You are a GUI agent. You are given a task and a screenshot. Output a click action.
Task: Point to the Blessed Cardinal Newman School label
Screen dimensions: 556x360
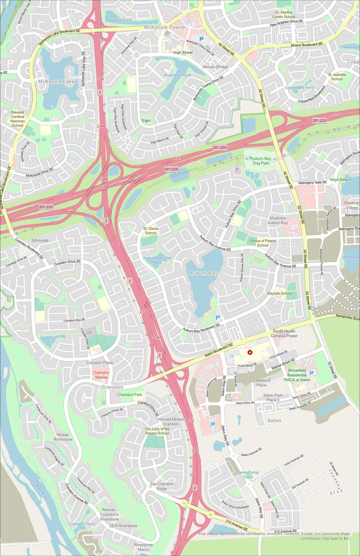[x=17, y=118]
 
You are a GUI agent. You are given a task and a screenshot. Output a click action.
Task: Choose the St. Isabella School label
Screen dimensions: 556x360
[x=337, y=77]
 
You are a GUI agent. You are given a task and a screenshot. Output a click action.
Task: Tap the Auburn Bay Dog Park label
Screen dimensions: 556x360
[x=264, y=161]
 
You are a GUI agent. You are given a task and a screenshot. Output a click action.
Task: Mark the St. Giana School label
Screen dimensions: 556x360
[x=150, y=231]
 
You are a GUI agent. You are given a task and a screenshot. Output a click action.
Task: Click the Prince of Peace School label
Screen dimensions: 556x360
[x=263, y=242]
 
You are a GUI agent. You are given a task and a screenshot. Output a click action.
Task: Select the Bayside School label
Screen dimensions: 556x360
[x=280, y=293]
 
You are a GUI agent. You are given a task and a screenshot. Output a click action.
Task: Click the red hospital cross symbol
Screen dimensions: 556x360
[x=250, y=352]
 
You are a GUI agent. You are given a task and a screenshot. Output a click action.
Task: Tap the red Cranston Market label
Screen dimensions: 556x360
[x=101, y=375]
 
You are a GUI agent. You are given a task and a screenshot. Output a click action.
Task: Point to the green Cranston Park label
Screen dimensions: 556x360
[x=130, y=394]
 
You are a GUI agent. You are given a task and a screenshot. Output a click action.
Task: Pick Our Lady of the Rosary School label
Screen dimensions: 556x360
[x=157, y=431]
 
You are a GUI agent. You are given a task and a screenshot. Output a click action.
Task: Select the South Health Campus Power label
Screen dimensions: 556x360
[x=285, y=333]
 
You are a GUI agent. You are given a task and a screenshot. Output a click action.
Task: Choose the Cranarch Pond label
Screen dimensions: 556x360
[x=81, y=524]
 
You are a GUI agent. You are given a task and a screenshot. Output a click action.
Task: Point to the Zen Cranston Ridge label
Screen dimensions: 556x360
[x=162, y=486]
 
